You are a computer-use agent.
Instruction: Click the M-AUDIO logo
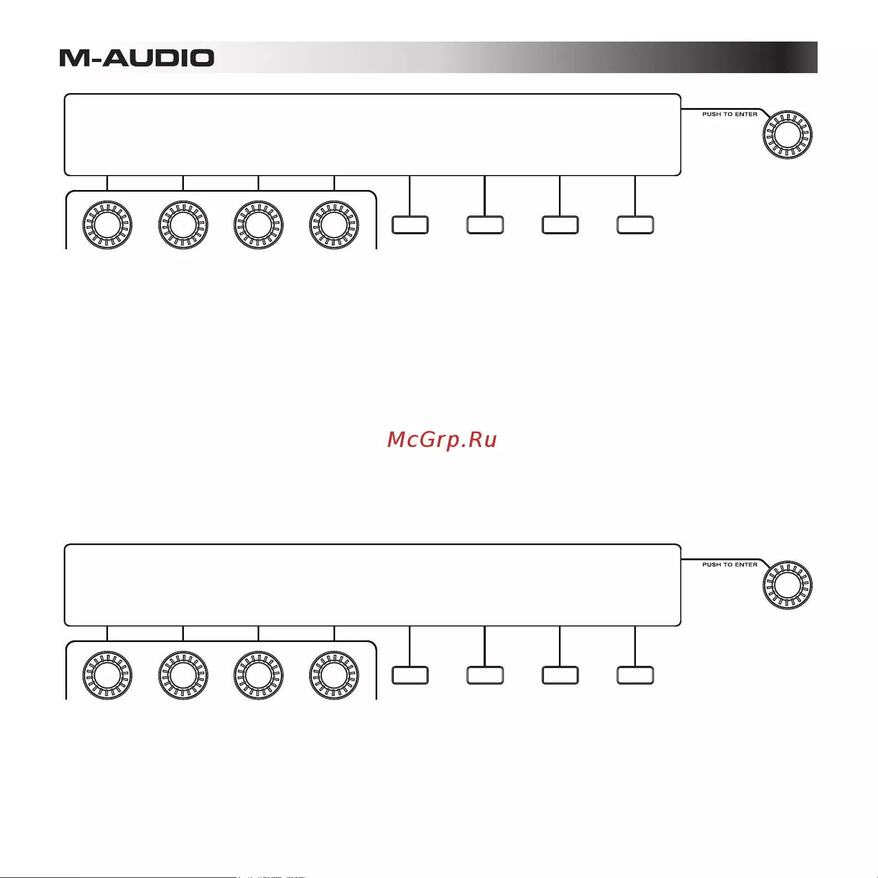point(137,58)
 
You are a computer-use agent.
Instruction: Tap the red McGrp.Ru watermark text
point(442,439)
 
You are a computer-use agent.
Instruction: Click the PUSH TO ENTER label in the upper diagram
point(730,114)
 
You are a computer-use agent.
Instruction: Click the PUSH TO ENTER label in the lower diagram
point(730,564)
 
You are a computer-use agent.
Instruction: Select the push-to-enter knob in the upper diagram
point(787,135)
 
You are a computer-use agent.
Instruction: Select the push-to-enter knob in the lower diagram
point(787,585)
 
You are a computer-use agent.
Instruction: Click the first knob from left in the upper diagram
point(107,225)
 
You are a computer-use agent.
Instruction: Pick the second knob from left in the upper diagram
point(183,225)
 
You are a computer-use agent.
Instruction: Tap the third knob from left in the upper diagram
point(259,225)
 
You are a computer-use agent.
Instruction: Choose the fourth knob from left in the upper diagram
point(334,225)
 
